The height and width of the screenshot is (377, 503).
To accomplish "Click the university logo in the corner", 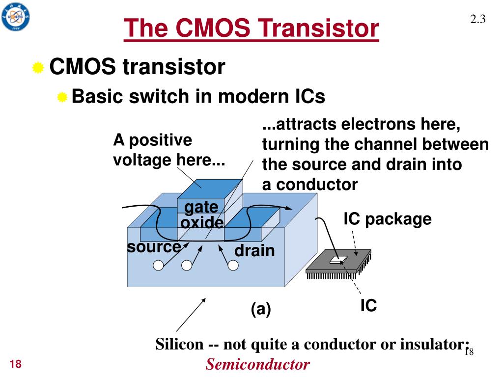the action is [15, 17].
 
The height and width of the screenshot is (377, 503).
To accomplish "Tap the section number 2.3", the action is [477, 19].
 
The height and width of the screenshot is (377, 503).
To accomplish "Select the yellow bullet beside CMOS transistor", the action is [38, 68].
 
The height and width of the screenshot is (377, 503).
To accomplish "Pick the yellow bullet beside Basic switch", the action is [62, 97].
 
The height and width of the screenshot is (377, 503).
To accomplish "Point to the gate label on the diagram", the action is [201, 208].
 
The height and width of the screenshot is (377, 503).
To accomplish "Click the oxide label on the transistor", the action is [202, 222].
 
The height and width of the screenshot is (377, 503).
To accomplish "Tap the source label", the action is [154, 247].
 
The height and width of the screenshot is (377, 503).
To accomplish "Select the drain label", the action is [255, 251].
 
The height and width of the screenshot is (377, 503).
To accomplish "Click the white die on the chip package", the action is [338, 260].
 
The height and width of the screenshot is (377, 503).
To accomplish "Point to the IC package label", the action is [388, 219].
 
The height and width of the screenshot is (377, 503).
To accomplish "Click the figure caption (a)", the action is [261, 309].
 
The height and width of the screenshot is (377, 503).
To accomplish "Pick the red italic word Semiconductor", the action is [258, 364].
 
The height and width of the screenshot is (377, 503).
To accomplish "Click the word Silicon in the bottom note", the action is [179, 344].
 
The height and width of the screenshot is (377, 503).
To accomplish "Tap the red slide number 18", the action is [15, 364].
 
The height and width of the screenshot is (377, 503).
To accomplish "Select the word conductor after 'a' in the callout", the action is [317, 185].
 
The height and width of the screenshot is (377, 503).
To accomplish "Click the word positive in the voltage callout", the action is [161, 140].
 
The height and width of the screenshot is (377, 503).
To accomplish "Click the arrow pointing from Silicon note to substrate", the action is [191, 315].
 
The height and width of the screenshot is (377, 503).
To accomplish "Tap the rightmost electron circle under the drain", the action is [233, 266].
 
